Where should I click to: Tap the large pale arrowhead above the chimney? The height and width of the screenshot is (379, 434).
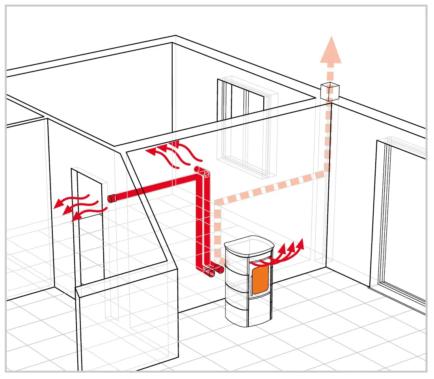click(330, 51)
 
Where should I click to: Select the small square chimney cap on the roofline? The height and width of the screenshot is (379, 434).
click(330, 91)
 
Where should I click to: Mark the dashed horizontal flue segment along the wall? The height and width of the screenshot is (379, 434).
click(272, 188)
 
